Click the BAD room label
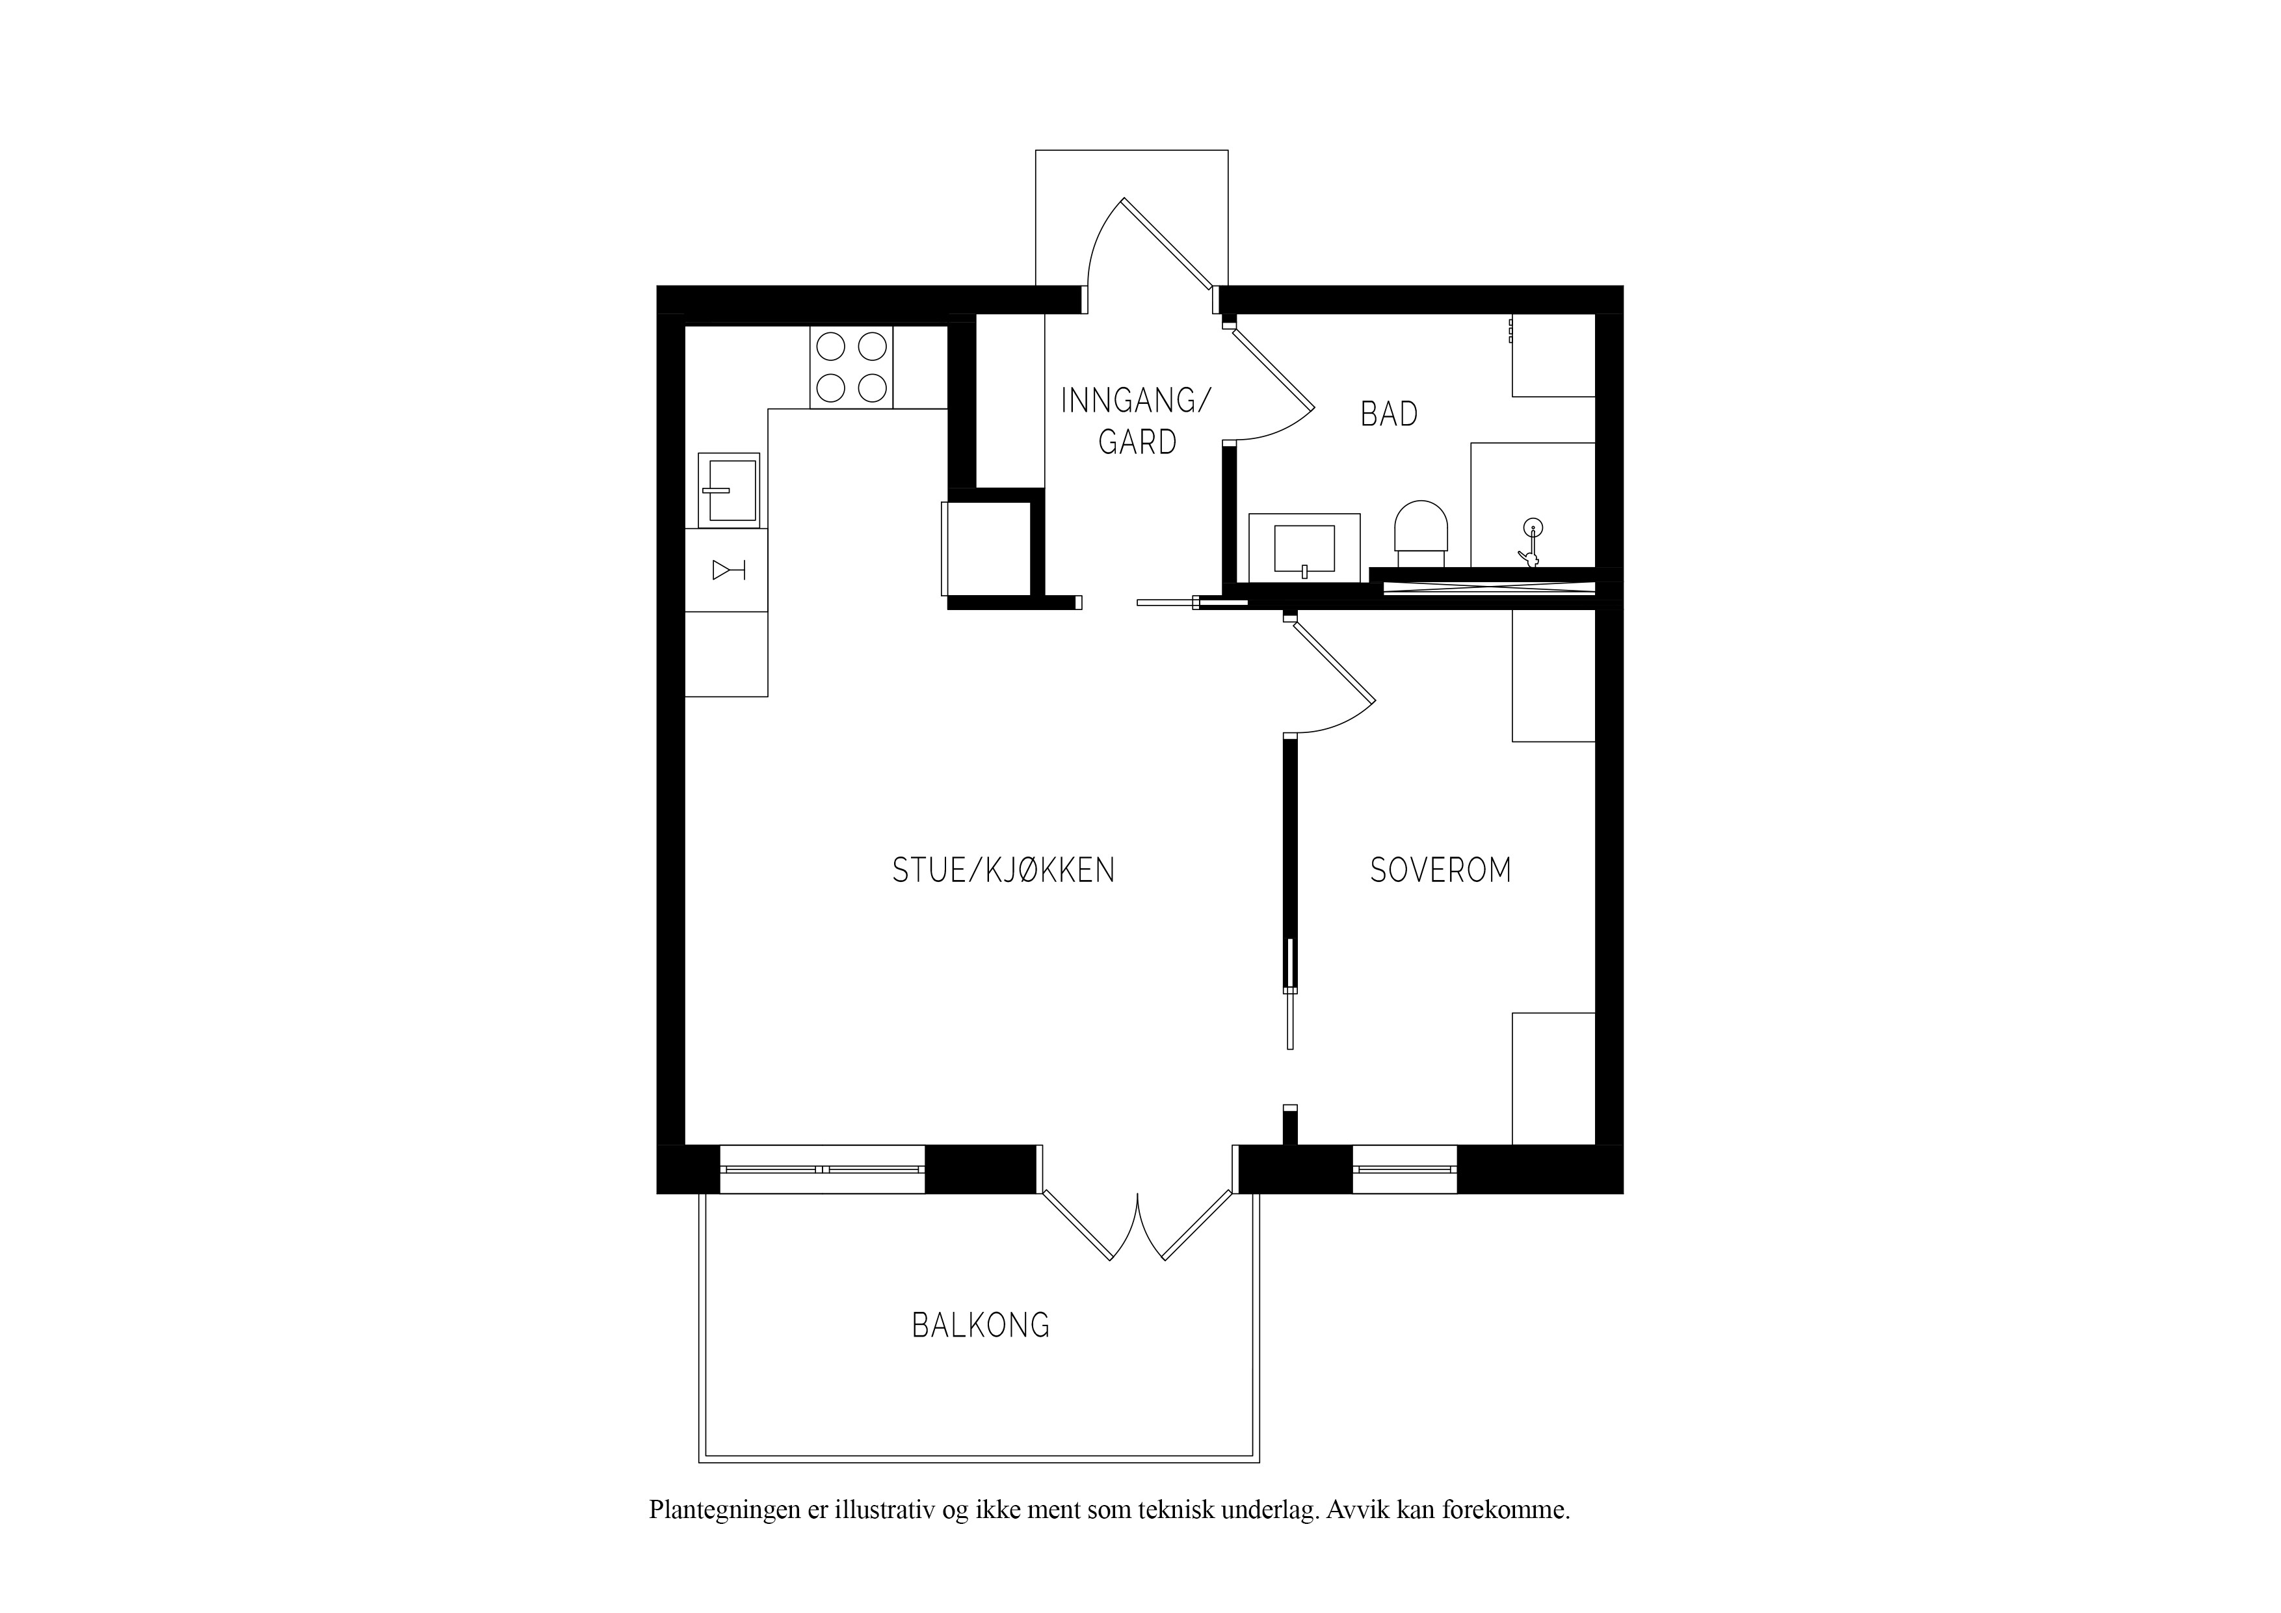tap(1389, 414)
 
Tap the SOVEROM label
tap(1440, 871)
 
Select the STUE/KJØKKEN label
tap(1003, 871)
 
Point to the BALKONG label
tap(981, 1325)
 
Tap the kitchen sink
tap(729, 490)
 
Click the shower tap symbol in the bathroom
tap(1531, 542)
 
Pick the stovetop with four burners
tap(851, 367)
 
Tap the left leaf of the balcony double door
tap(1076, 1227)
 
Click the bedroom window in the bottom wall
tap(1404, 1169)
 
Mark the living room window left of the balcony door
tap(822, 1169)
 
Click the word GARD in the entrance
tap(1137, 441)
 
